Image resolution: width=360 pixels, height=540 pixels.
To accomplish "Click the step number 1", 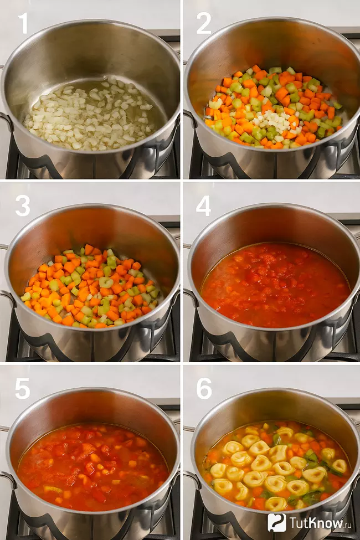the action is pos(23,23).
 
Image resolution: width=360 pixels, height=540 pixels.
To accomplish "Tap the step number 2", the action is pos(203,23).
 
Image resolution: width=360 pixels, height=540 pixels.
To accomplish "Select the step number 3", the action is pos(23,206).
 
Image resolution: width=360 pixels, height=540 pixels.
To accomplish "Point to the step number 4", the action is pos(203,206).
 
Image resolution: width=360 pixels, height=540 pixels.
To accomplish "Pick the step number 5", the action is pos(23,389).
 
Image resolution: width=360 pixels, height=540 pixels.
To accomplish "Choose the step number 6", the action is pos(204,389).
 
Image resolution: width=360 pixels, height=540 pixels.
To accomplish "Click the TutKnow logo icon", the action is pos(276,522).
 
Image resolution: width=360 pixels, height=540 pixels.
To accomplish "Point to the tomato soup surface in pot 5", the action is pos(93,467).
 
